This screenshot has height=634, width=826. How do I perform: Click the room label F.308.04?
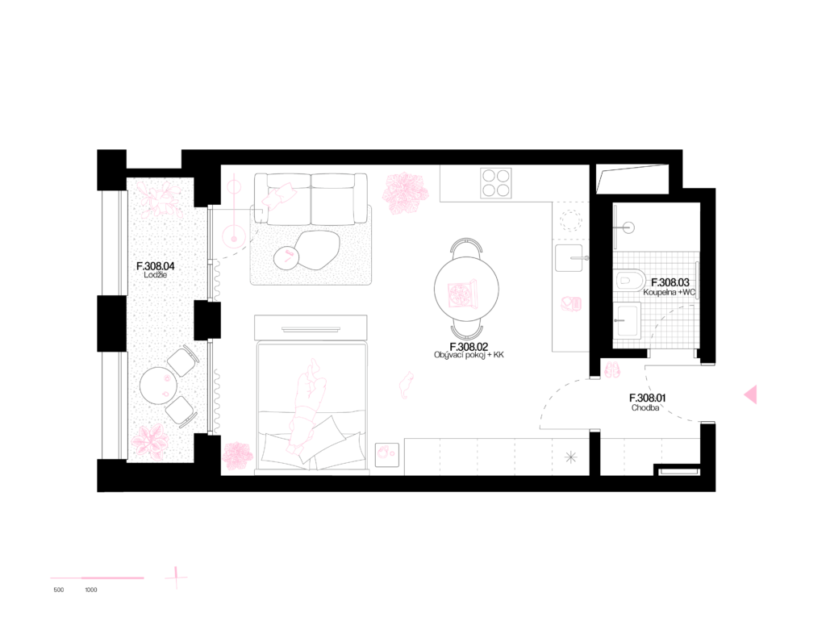tap(156, 266)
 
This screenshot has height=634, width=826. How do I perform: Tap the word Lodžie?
tap(156, 275)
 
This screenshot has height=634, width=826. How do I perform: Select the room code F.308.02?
tap(469, 347)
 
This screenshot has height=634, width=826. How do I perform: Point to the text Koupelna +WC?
tap(670, 292)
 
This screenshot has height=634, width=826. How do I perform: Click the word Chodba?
tap(645, 407)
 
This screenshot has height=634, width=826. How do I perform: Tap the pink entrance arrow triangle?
tap(751, 394)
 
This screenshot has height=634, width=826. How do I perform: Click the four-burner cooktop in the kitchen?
tap(496, 183)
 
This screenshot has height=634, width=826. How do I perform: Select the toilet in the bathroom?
tap(631, 281)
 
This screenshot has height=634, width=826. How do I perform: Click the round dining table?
tap(466, 289)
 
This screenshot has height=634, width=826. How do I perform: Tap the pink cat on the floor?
tap(406, 385)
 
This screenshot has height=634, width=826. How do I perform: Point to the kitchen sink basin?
tap(569, 257)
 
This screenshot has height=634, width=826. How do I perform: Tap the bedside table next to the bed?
tap(386, 455)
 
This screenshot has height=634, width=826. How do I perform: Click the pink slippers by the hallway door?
tap(612, 369)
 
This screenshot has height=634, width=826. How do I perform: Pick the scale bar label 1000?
tap(91, 590)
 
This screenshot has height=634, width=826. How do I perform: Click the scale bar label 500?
tap(58, 590)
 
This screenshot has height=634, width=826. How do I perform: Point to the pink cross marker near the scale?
tap(176, 577)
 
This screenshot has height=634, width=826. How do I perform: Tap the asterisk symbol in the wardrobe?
tap(570, 457)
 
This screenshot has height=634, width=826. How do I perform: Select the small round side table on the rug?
tap(287, 258)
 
